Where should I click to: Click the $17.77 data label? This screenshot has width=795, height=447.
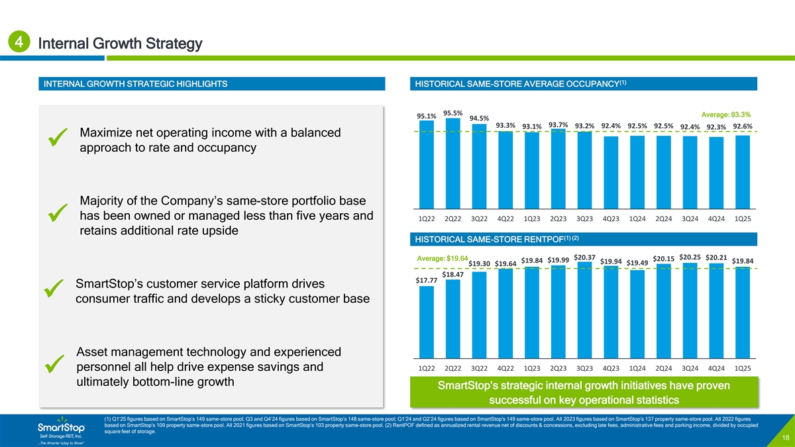(x=426, y=281)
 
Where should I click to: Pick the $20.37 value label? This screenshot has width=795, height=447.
(x=584, y=258)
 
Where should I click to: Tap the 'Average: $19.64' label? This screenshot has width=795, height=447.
(x=443, y=258)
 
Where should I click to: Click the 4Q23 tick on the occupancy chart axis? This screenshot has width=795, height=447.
(x=611, y=219)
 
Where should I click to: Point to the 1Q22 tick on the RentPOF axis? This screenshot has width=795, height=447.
(x=427, y=368)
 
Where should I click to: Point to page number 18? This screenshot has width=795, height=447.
(x=784, y=438)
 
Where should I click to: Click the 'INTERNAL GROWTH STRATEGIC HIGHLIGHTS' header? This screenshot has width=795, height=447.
(x=135, y=84)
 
